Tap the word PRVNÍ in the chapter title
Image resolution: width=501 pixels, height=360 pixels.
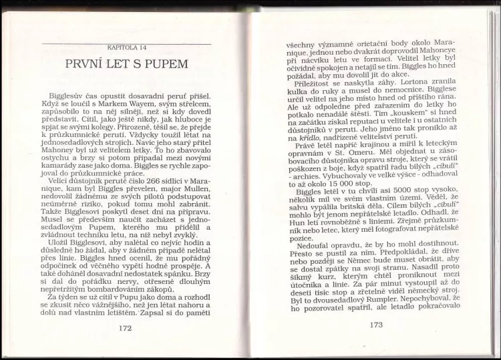point(88,65)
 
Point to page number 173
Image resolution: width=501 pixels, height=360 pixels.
point(376,325)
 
